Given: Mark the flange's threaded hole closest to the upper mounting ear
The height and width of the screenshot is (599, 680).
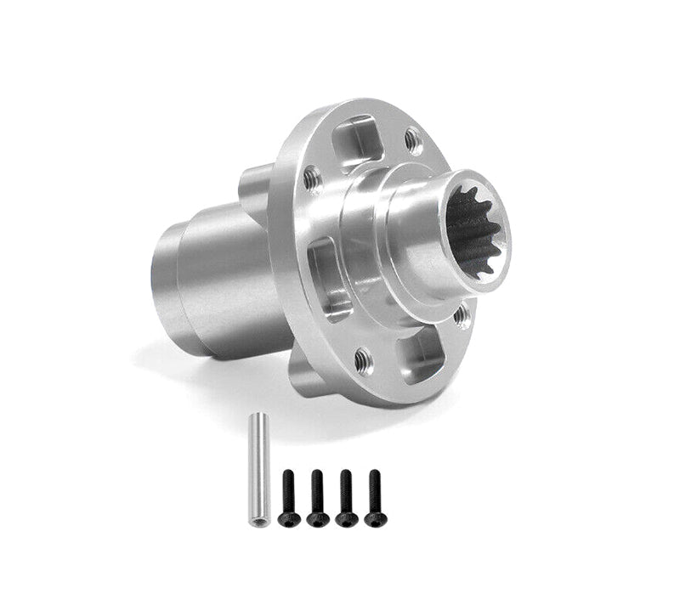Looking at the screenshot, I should coord(312,178).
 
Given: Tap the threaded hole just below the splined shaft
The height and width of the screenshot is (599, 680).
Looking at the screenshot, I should coord(462,316).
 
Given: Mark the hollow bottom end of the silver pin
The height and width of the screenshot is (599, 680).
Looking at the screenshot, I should coord(253,520).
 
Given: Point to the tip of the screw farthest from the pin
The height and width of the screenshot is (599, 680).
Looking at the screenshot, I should coord(375,472).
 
